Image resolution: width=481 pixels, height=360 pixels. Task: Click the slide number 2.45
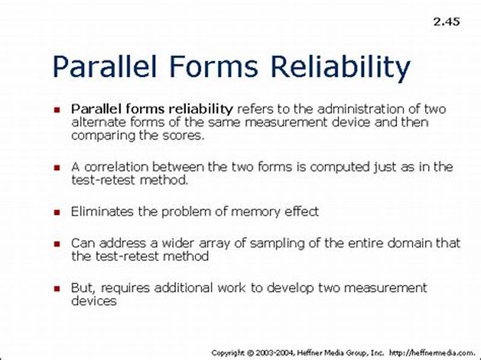tap(446, 22)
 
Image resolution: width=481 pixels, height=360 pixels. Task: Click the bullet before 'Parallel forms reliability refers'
tap(57, 111)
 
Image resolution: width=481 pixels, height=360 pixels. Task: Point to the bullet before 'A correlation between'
tap(57, 168)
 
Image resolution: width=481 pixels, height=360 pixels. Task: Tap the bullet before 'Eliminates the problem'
tap(57, 212)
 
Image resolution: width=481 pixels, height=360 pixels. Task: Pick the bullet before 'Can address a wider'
tap(57, 244)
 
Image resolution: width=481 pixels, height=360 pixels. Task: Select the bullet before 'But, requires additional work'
tap(57, 288)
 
